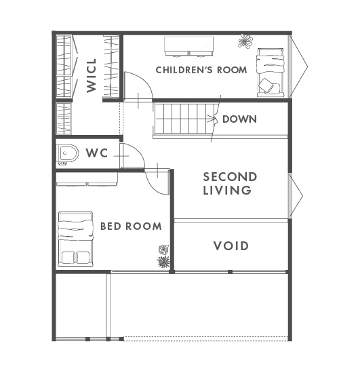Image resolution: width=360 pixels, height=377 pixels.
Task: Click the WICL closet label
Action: [x=92, y=75]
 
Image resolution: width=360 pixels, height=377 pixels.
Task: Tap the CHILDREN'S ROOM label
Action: [x=201, y=70]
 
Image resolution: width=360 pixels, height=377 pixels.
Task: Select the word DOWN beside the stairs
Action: [x=239, y=119]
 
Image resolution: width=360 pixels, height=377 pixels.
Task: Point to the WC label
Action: [x=97, y=153]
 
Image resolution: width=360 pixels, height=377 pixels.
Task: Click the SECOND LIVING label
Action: [x=230, y=184]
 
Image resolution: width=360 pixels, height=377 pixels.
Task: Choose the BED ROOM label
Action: [x=131, y=226]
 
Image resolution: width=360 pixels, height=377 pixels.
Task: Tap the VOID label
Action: [x=231, y=246]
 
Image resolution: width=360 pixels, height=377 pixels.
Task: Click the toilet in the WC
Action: [x=68, y=153]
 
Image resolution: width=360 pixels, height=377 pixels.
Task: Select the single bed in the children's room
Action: [x=271, y=73]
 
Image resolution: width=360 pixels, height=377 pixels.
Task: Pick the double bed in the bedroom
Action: [x=75, y=239]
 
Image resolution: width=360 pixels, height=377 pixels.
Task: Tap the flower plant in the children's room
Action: [x=245, y=41]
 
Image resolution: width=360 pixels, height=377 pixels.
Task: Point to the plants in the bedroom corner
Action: [x=164, y=256]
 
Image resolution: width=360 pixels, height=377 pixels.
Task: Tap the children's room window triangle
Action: [x=298, y=67]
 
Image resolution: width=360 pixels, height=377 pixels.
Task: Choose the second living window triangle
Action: [x=296, y=196]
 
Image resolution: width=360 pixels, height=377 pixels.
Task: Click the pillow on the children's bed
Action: [x=266, y=85]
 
